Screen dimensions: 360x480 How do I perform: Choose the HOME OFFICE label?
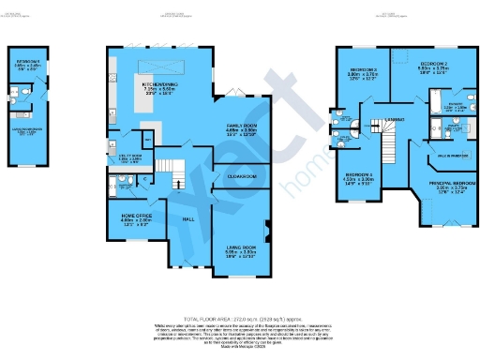pyautogui.click(x=130, y=217)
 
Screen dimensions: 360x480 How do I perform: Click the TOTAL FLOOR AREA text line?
pyautogui.click(x=239, y=318)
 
